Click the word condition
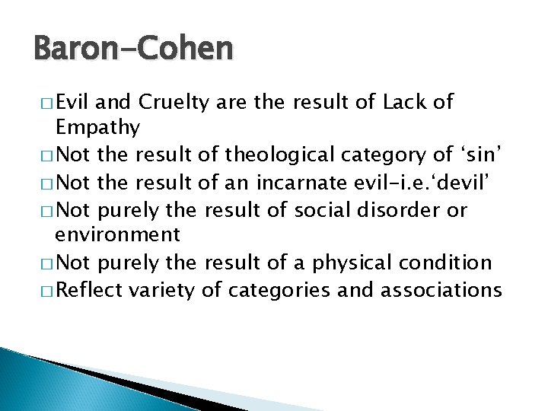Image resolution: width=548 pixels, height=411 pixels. pyautogui.click(x=454, y=263)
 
